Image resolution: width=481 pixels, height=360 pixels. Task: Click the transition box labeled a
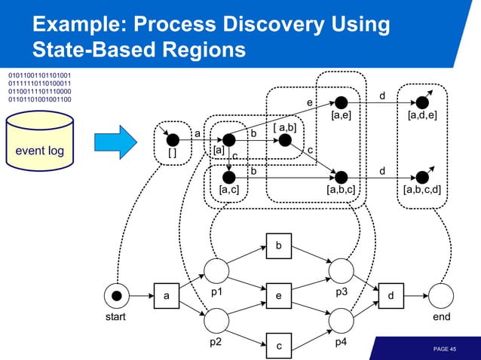click(166, 296)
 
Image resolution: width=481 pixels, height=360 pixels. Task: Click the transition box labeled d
click(391, 296)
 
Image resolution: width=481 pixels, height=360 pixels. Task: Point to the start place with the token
click(116, 296)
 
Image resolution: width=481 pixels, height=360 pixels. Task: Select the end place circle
click(441, 296)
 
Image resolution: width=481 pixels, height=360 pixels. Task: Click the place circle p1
click(216, 271)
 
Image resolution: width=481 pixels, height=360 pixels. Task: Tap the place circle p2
click(216, 322)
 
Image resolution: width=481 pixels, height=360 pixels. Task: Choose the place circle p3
click(341, 271)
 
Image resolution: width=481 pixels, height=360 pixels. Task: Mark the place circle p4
click(341, 322)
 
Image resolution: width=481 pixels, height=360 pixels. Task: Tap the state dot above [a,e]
click(341, 102)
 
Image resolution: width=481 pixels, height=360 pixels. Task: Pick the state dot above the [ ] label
click(173, 139)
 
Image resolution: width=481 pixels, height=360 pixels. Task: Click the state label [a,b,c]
click(341, 190)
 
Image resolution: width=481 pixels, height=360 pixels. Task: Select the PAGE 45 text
click(444, 349)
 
